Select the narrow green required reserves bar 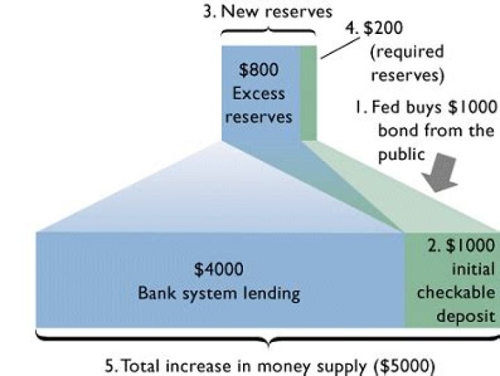point(308,94)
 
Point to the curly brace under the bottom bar point(267,340)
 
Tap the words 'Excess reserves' point(258,105)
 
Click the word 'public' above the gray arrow point(401,154)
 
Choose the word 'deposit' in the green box point(467,315)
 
